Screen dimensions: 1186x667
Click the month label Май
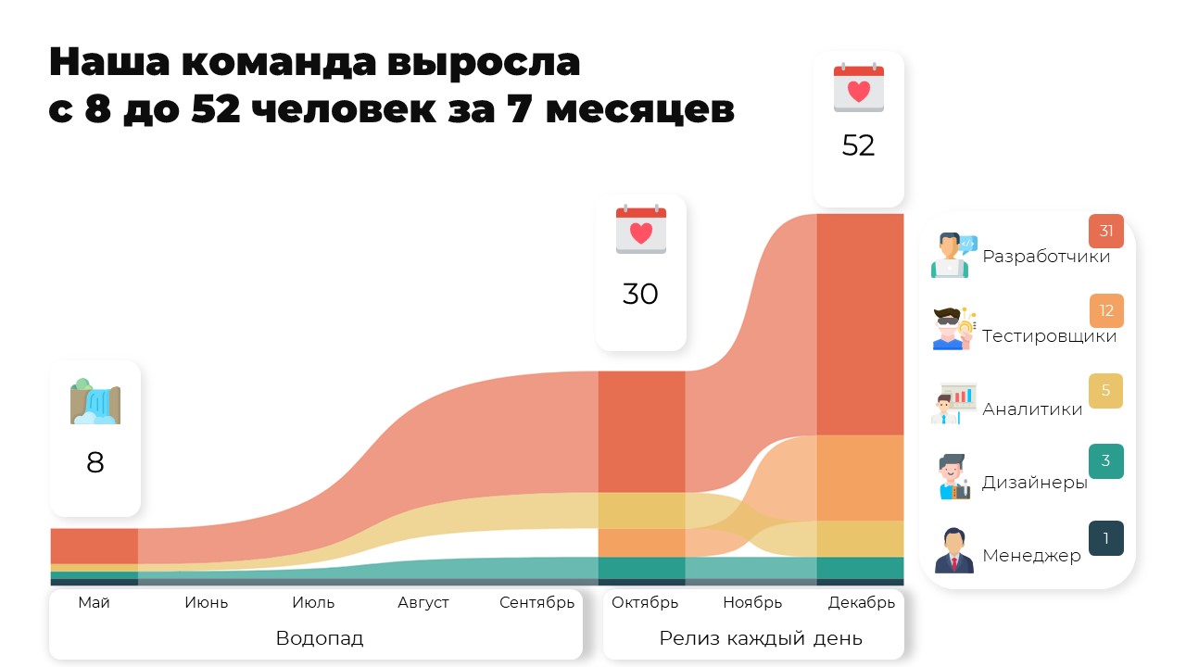[94, 602]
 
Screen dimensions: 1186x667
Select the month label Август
[423, 602]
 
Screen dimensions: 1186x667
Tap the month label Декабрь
[862, 602]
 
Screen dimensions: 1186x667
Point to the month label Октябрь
[645, 602]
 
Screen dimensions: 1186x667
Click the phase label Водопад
[320, 638]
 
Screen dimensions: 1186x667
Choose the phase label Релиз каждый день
[761, 638]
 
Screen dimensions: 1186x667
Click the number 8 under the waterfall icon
[95, 462]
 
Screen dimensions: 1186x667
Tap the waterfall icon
[95, 401]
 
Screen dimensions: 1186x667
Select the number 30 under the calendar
[640, 294]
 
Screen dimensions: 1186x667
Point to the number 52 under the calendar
[858, 145]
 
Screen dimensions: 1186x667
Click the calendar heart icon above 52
[859, 87]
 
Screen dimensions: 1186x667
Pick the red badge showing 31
[1106, 231]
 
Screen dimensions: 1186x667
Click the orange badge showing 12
[1106, 310]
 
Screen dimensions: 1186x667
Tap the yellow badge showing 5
[1105, 391]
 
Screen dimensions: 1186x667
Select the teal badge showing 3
[1106, 461]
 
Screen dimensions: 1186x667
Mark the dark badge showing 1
[1106, 538]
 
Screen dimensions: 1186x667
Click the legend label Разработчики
[1046, 257]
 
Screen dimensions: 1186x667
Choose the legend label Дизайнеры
[1035, 483]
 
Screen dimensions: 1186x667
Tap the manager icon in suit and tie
[954, 550]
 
